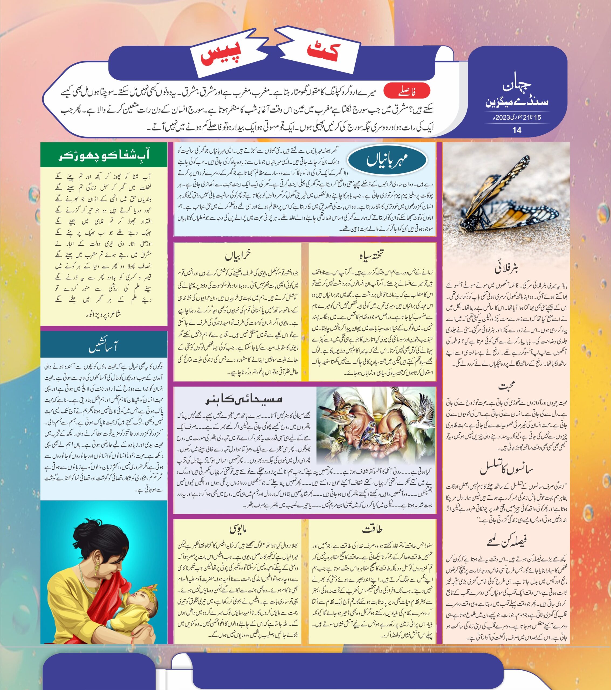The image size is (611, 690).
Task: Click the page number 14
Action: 516,130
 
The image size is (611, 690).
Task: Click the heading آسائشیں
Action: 103,347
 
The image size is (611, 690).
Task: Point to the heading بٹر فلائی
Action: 507,269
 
